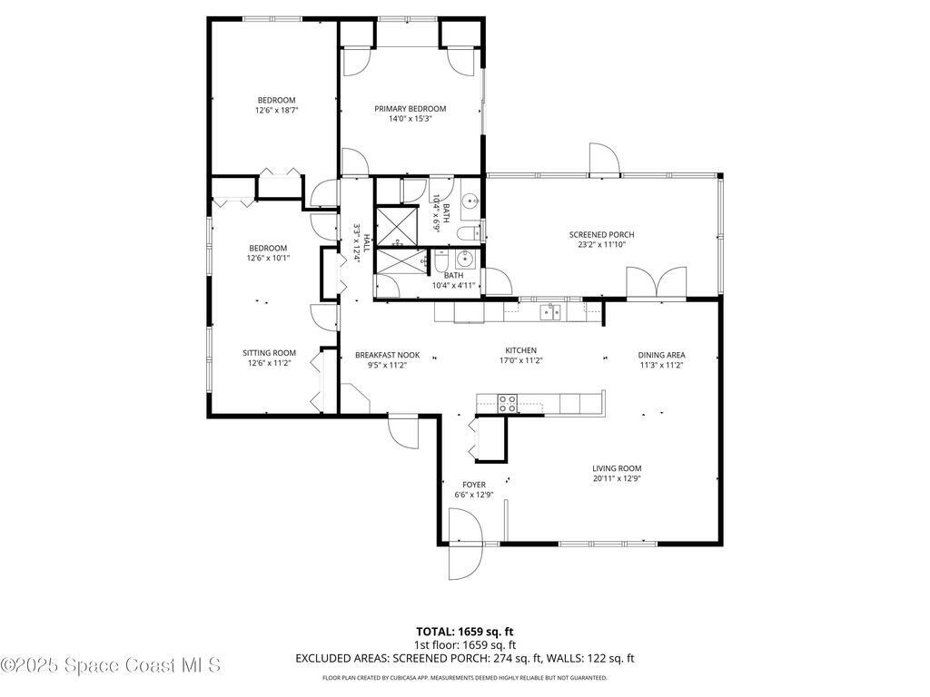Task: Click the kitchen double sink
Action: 550,312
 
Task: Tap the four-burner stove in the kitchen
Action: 507,403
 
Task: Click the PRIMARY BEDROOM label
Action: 410,109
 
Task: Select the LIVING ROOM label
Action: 617,468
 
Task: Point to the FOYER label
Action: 473,485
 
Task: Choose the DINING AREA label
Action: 661,355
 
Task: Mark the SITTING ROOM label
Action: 269,353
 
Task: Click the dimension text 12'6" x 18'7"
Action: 276,110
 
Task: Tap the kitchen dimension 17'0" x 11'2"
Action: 521,360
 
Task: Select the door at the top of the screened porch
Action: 604,161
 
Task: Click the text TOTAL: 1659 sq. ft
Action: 464,631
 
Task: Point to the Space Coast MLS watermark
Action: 111,665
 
